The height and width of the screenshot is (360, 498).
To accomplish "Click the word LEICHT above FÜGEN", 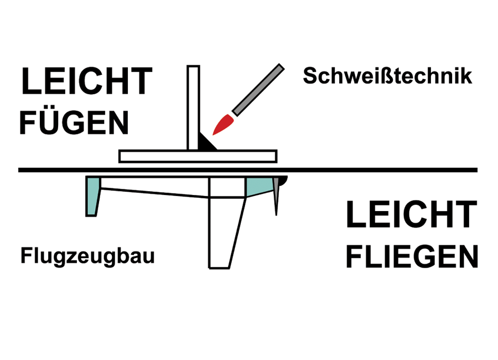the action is click(87, 81).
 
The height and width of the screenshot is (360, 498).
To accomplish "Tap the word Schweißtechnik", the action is click(387, 76).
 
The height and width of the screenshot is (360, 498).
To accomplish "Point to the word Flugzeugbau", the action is click(87, 256).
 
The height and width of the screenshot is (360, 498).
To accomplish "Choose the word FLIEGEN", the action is click(412, 256).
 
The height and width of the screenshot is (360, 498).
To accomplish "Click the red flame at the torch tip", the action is click(224, 124).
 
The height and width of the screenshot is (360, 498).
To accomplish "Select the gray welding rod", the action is click(258, 90).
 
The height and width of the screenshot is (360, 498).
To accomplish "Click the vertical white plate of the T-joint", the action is click(194, 107).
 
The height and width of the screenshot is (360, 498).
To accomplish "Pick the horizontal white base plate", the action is click(198, 157).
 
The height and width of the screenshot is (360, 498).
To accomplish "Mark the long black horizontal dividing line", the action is click(248, 170).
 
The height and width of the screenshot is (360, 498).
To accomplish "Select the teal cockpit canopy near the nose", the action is click(258, 186).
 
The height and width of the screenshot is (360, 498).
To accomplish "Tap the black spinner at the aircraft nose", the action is click(283, 180).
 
